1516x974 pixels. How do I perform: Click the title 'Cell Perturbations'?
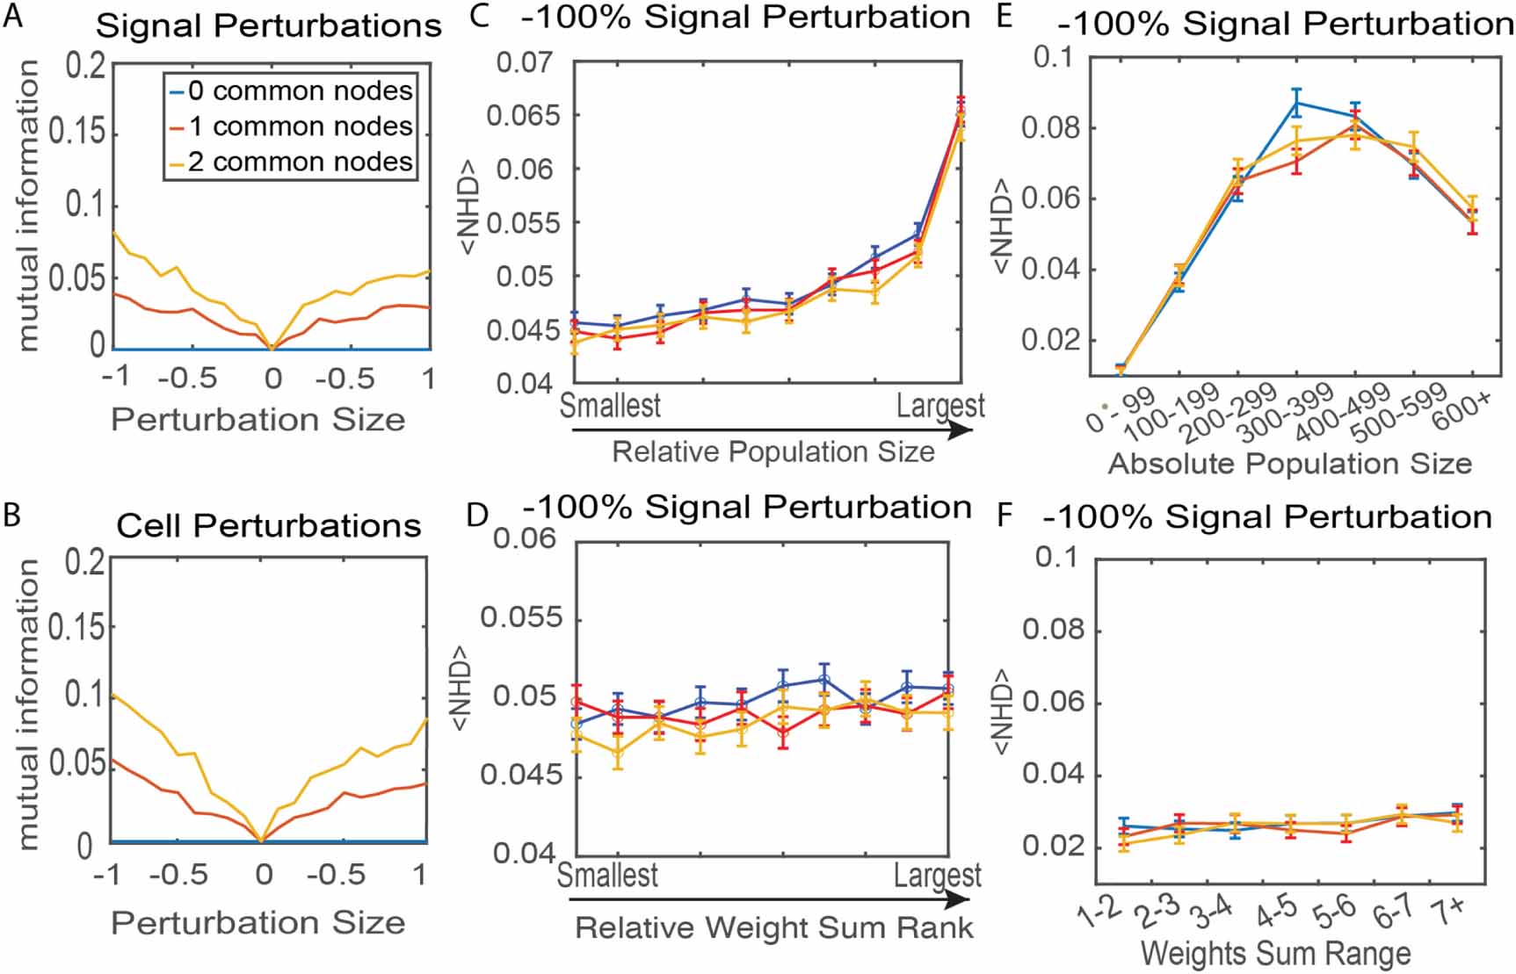[269, 525]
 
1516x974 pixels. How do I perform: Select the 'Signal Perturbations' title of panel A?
[268, 25]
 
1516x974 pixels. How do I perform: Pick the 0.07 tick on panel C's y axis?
[525, 62]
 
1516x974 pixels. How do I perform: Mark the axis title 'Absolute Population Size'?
[1289, 463]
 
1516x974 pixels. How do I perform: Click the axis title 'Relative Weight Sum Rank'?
[773, 927]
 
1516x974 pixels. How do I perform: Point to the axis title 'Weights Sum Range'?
[1275, 953]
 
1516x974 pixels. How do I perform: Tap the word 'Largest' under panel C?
[939, 405]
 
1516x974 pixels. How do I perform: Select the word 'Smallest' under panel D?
[607, 875]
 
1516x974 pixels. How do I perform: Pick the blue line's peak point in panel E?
[1296, 103]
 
